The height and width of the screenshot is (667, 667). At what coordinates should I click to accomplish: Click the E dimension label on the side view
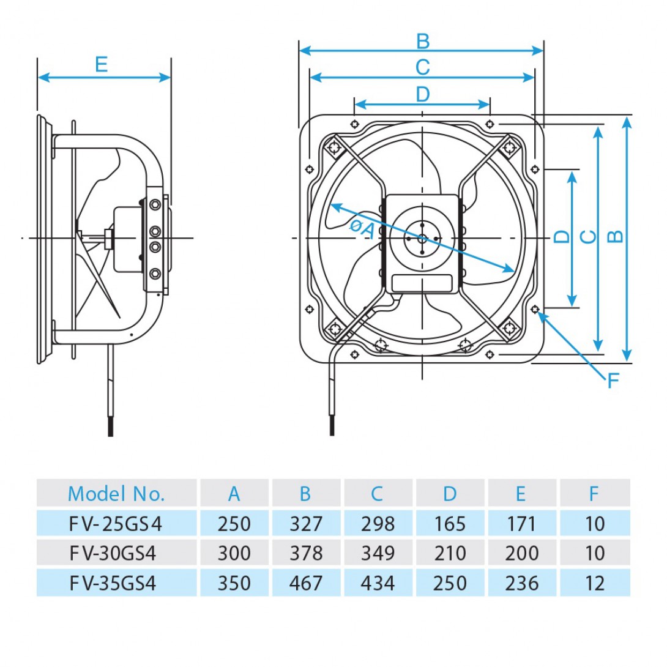coord(101,64)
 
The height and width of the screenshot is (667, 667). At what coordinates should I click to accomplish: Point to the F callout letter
coord(613,381)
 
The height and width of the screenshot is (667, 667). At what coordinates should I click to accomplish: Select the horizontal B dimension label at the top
coord(422,42)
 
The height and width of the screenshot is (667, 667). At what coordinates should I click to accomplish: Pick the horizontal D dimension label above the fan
coord(422,94)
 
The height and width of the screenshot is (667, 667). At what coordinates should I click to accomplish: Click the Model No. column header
coord(116,494)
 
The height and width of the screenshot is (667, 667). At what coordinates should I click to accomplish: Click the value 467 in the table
coord(305,583)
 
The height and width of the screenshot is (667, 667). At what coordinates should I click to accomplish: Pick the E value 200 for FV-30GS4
coord(521,553)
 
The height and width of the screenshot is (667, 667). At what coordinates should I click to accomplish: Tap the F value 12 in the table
coord(594,583)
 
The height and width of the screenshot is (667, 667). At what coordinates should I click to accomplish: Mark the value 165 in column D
coord(450,524)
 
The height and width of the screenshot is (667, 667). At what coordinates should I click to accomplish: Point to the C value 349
coord(378,553)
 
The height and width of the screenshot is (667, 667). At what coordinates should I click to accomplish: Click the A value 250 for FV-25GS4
coord(234,524)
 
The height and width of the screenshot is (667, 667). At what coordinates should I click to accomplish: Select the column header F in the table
coord(594,494)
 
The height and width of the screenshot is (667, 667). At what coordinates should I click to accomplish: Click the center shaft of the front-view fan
coord(422,238)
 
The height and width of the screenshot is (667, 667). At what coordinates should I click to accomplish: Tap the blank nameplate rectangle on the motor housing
coord(422,283)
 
